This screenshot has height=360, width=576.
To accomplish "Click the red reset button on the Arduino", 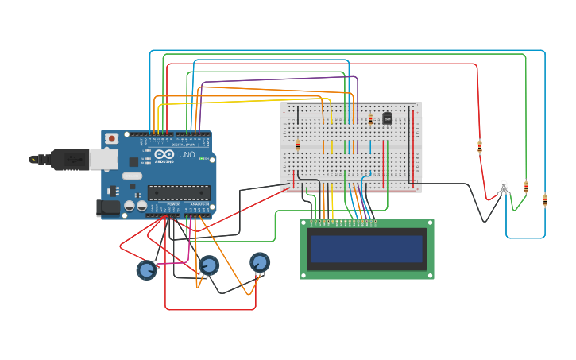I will click(112, 138).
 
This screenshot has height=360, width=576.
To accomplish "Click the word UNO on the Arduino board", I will click(187, 155).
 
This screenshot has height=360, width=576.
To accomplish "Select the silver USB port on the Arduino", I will click(103, 159).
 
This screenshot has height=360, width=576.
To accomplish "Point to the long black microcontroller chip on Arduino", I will click(179, 192).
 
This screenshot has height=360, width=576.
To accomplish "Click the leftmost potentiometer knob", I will click(147, 270).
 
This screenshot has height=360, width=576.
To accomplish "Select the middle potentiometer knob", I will click(209, 265).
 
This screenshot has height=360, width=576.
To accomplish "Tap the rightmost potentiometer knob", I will click(260, 262).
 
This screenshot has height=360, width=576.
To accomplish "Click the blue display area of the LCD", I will click(367, 249).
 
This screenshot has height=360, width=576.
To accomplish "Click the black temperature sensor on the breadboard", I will click(387, 118).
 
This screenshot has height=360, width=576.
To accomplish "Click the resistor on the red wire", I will click(480, 147).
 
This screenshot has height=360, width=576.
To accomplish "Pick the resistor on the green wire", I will click(526, 188).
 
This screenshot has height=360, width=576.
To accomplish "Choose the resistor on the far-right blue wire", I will click(545, 200).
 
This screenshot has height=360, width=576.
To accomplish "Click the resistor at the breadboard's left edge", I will click(298, 145).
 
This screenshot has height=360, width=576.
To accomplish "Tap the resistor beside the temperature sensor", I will click(370, 119).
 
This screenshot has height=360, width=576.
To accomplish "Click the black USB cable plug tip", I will click(34, 159).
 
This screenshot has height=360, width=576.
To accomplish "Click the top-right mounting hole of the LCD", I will click(430, 223).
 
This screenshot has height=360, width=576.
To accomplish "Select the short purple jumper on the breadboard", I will click(358, 146).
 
